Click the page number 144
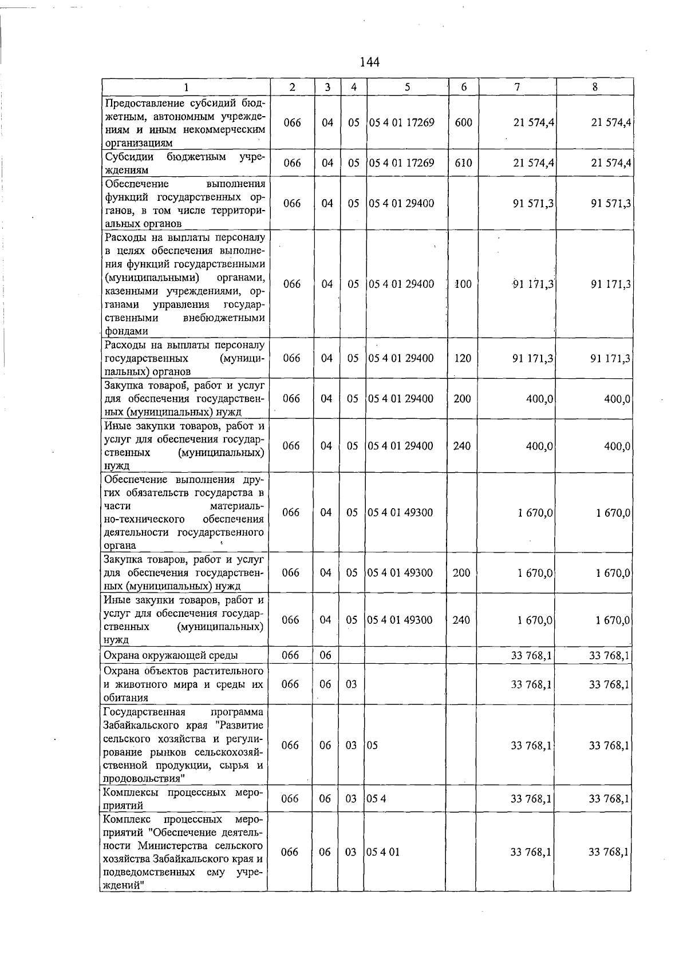coord(370,62)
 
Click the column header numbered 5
coord(407,87)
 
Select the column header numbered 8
coord(595,87)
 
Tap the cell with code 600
coord(463,122)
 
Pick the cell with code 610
coord(463,163)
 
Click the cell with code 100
coord(463,284)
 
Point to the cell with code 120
coord(463,358)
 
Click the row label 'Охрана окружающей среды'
coord(171,655)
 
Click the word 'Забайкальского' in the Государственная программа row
coord(141,725)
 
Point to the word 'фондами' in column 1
coord(125,331)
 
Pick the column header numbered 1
coord(185,87)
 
